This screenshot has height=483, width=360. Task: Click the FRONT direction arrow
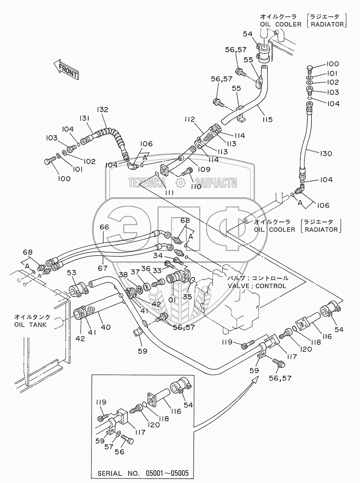click(x=66, y=69)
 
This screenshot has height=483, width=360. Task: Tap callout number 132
click(x=102, y=110)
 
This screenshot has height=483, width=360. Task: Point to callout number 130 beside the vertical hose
click(x=325, y=153)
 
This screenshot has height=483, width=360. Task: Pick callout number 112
click(x=190, y=119)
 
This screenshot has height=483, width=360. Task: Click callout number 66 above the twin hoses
click(x=104, y=227)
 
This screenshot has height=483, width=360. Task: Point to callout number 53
click(x=71, y=273)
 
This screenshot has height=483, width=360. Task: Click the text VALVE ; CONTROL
click(x=257, y=286)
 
